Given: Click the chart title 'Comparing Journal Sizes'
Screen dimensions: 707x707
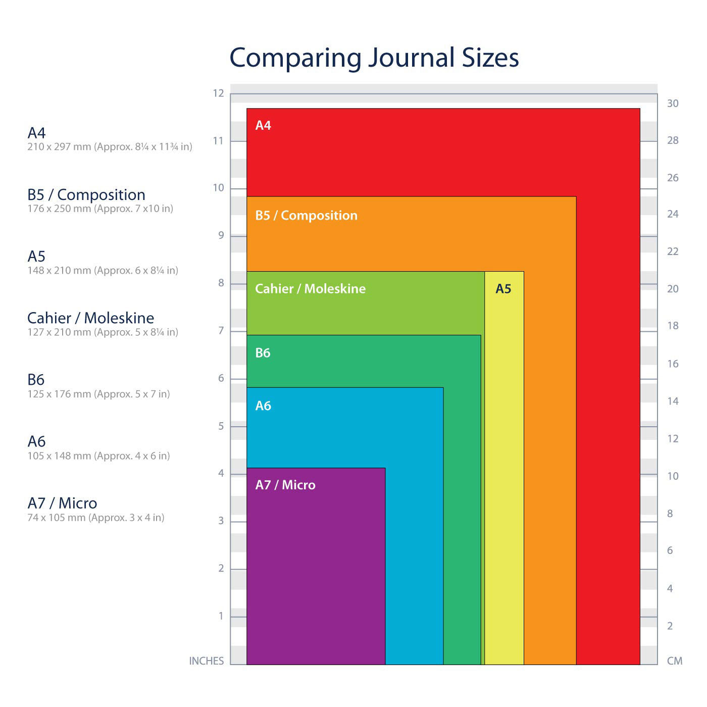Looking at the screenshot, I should point(374,58).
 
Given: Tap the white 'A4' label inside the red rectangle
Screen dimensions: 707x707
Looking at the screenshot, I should point(263,125).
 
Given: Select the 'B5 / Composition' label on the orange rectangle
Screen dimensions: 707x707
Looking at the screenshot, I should point(306,215).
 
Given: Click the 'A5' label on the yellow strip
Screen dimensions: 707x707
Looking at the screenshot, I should point(503,288).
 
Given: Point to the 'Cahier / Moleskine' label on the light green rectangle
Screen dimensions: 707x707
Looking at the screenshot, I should point(310,288).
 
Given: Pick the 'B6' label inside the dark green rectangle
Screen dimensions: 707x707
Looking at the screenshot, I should point(263,352).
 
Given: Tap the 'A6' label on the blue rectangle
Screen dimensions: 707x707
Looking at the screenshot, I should point(263,406).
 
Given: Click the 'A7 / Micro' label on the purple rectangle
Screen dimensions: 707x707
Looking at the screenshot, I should point(285,485).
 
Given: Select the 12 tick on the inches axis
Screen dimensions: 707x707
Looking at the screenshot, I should point(218,93).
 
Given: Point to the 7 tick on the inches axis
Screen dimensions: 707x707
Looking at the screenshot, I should point(221,331).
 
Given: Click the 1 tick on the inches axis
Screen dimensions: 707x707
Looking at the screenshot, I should point(221,616).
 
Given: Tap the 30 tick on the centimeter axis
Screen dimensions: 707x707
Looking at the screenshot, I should point(673,104).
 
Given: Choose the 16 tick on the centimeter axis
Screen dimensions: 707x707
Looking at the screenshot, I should point(673,364).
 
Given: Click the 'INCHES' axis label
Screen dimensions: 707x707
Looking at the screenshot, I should point(206,661).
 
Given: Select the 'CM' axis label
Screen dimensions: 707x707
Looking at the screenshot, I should point(674,661).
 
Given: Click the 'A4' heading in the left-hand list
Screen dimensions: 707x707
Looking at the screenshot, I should point(36,133).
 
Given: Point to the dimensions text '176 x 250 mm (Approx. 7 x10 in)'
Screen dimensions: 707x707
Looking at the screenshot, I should point(100,209).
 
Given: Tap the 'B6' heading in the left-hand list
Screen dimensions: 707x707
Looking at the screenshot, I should point(36,380).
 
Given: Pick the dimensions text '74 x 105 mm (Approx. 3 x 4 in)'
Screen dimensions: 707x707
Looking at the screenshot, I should point(96,518).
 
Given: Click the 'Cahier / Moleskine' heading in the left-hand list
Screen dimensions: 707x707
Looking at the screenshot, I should point(91,318).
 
